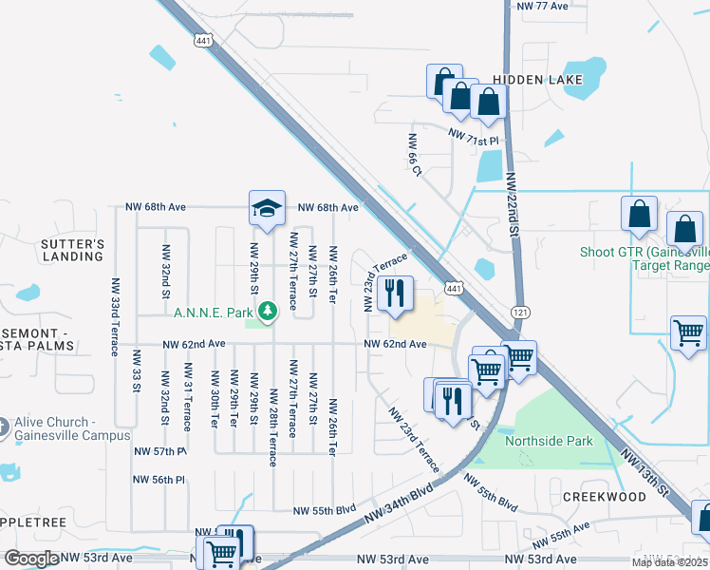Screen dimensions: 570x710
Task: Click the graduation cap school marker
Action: pos(268,207)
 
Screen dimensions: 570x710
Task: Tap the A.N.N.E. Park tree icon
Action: pos(269,311)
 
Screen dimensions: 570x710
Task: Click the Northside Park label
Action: pos(549,441)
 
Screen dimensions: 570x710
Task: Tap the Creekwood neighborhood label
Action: pos(604,497)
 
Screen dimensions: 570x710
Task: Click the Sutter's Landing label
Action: pos(72,250)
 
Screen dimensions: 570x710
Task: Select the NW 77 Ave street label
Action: pos(543,6)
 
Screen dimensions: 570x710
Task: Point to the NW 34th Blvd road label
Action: pos(399,504)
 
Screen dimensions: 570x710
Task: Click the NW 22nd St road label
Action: pos(515,208)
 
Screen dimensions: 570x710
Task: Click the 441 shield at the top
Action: pos(202,41)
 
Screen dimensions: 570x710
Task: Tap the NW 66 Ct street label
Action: pos(414,152)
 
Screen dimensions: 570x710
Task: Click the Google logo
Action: pos(31,559)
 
